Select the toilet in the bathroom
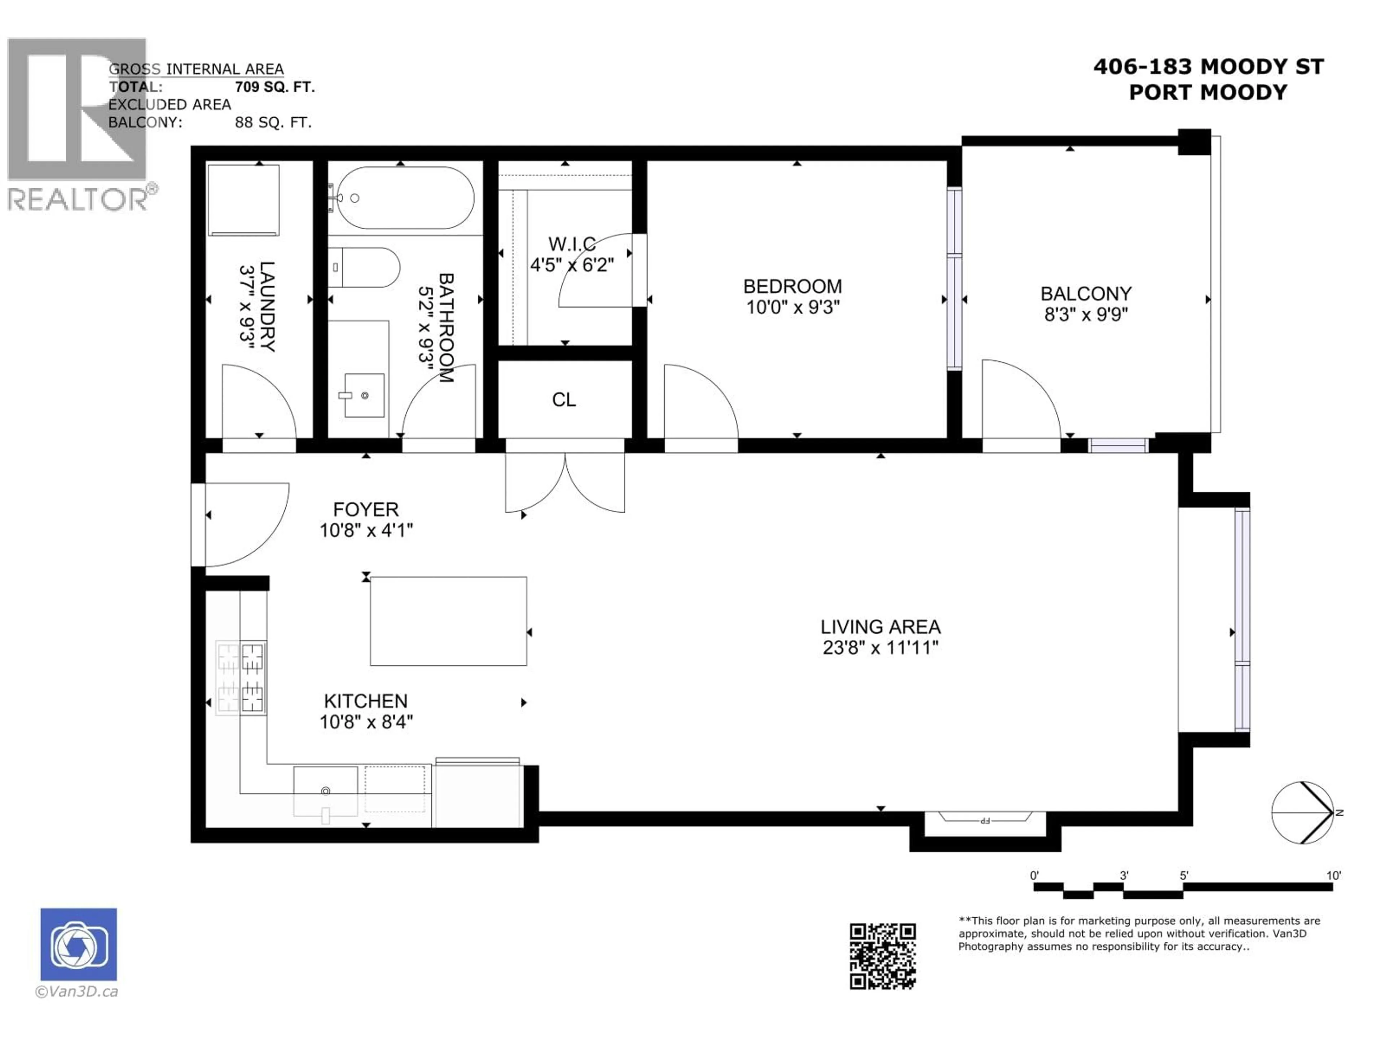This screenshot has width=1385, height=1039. [364, 267]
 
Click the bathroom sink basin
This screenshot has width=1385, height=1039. [364, 395]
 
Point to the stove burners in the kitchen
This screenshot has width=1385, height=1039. [241, 677]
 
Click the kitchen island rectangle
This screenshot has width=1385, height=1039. [448, 621]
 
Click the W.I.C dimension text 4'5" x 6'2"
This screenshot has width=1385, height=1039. [572, 265]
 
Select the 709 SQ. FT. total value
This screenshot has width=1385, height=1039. [274, 87]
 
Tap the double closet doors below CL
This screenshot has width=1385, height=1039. [565, 482]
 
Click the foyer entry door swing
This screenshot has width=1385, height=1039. [244, 523]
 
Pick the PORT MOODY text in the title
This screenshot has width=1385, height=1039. [1208, 93]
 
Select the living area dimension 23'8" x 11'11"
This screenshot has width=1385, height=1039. [880, 647]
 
